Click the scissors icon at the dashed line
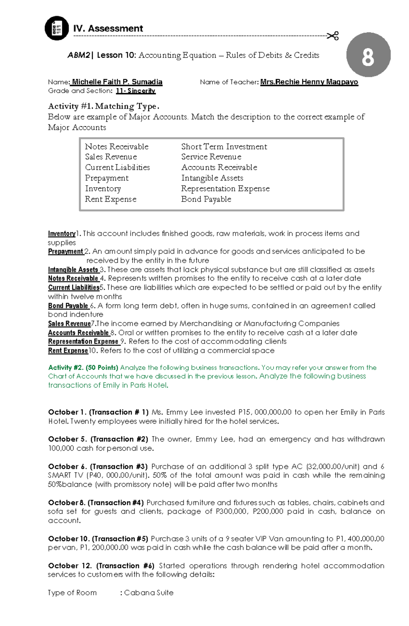coord(333,36)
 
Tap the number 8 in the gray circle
coord(368,55)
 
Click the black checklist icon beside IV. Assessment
coord(57,28)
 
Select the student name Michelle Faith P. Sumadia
coord(117,82)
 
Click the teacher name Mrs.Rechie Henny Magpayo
coord(309,82)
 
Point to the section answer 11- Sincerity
coord(135,91)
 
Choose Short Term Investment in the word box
coord(224,146)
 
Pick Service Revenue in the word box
coord(211,157)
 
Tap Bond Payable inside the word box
coord(206,199)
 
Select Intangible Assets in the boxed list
coord(212,178)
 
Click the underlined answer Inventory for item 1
coord(62,234)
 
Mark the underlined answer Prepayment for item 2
coord(66,251)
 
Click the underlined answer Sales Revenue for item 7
coord(69,324)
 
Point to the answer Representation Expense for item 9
coord(83,341)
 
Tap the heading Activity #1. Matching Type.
coord(103,106)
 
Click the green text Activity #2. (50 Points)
coord(83,367)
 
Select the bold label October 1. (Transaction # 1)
coord(98,412)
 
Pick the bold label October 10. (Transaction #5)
coord(98,539)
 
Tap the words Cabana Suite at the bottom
coord(149,593)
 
